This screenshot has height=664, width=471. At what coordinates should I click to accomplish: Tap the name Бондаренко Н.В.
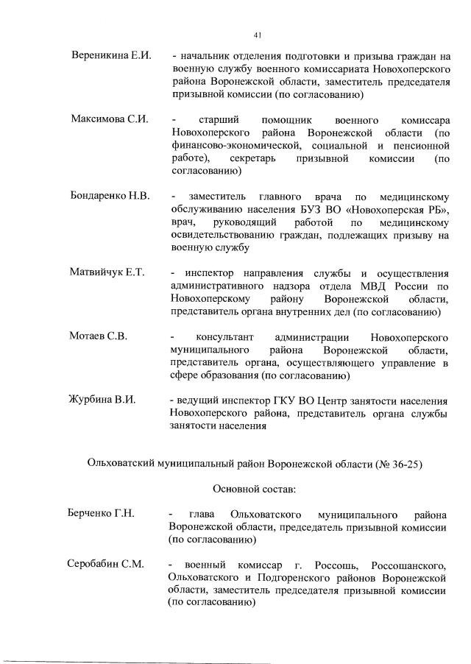point(110,197)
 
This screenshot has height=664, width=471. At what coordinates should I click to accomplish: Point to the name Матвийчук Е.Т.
point(107,273)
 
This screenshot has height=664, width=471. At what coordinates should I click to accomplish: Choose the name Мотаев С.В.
point(98,336)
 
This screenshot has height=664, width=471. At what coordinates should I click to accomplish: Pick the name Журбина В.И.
point(102,400)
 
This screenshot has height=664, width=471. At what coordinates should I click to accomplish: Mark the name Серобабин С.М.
point(105,565)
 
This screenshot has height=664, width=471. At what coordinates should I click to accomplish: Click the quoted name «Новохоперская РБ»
point(396,209)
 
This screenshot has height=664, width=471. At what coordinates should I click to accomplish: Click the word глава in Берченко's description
point(203,513)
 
